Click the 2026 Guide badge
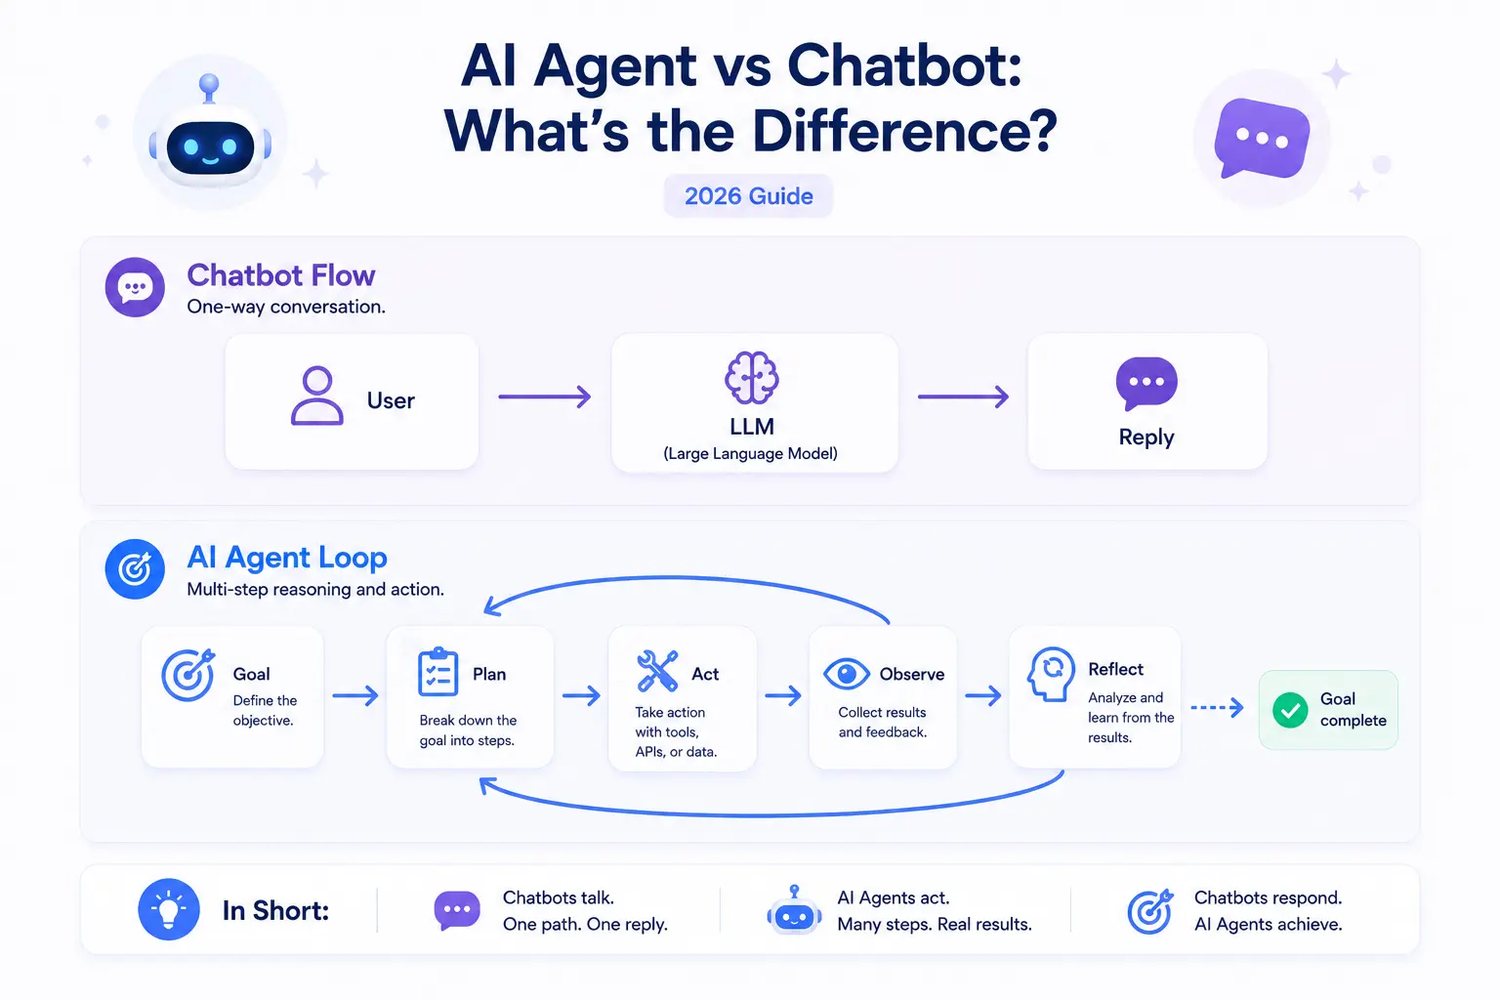click(748, 195)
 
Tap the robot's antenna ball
click(210, 84)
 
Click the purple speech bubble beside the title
click(1262, 138)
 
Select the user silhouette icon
click(316, 396)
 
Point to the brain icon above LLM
click(751, 377)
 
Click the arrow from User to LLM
click(544, 396)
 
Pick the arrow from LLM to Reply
click(963, 396)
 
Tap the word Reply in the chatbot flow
click(1146, 437)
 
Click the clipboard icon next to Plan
click(437, 672)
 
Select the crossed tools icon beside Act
click(657, 671)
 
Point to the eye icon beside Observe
click(847, 674)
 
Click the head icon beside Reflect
click(1051, 674)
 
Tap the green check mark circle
click(1290, 710)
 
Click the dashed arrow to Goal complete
click(1217, 707)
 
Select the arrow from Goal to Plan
click(354, 695)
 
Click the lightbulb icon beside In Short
click(169, 909)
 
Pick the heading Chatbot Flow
click(280, 275)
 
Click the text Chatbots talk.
click(558, 897)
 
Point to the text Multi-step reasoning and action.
click(314, 590)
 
